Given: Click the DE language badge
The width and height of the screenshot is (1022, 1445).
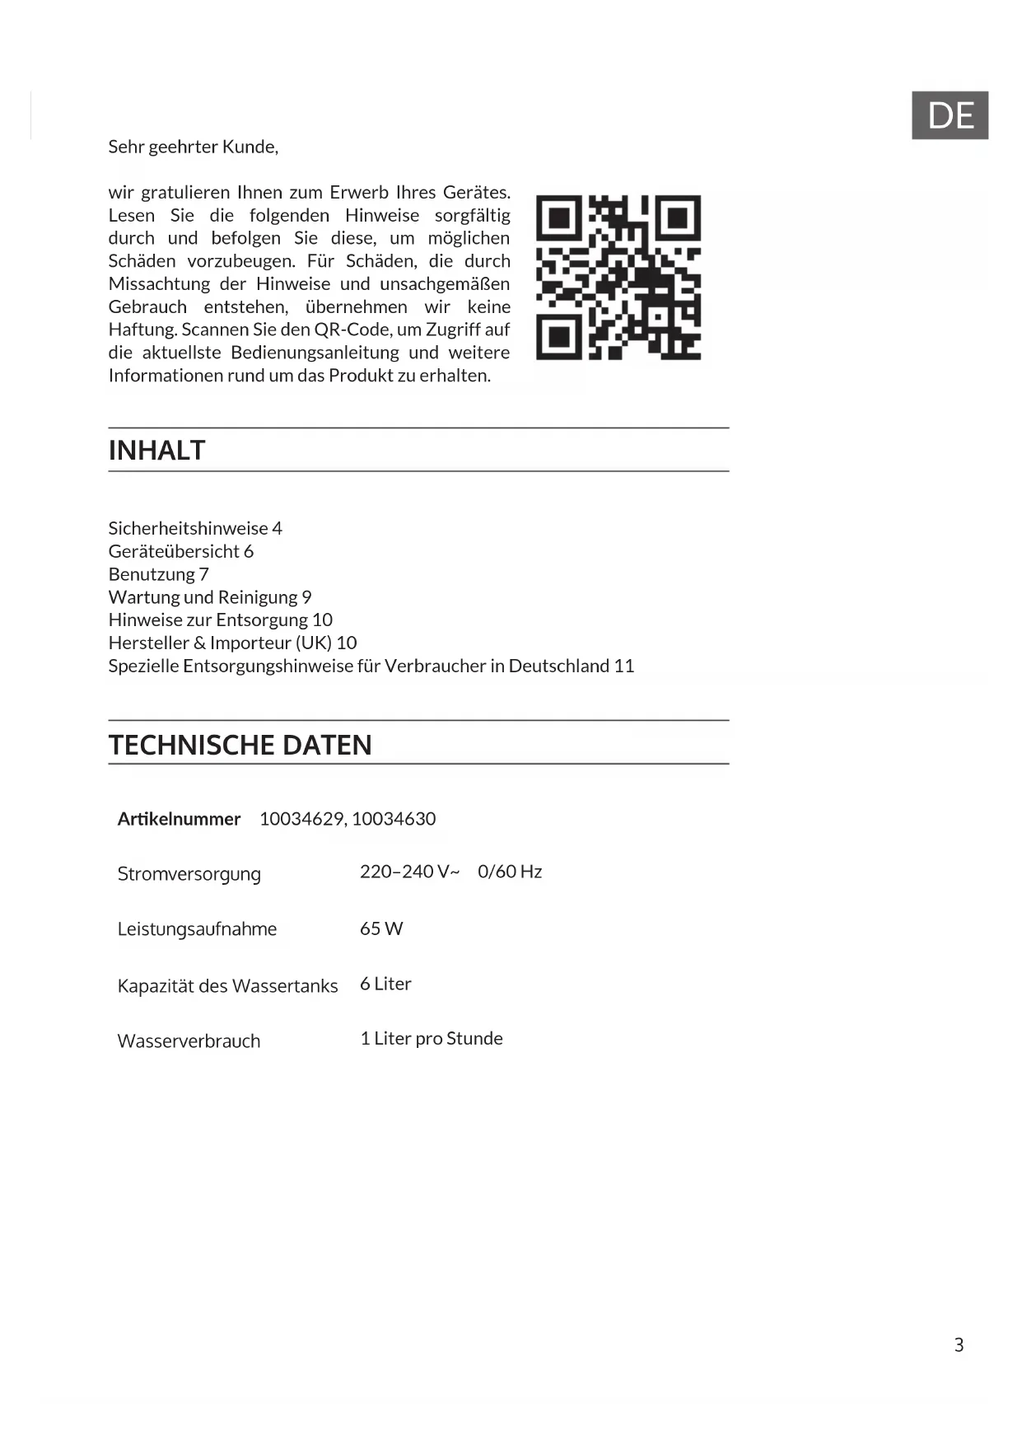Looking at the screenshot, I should [x=950, y=115].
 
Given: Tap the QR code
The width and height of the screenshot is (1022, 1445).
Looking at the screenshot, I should [x=618, y=278].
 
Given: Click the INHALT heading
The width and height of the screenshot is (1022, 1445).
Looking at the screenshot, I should [x=156, y=451].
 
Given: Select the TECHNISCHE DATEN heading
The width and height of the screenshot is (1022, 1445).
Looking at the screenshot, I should [x=240, y=745].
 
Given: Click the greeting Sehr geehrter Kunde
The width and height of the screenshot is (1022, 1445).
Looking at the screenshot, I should [x=194, y=147].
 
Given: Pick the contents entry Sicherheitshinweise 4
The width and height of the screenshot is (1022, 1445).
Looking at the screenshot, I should [x=195, y=528].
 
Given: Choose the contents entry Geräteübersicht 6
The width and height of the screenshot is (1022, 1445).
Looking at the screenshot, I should [x=181, y=551].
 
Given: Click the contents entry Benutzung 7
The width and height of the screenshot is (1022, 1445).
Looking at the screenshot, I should [x=159, y=574].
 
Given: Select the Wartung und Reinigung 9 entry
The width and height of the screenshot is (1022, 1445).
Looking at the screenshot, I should [x=210, y=597].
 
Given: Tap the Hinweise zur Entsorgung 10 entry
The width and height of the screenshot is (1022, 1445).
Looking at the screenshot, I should [x=221, y=620].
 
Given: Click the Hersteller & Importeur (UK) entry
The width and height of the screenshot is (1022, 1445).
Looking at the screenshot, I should [x=232, y=643].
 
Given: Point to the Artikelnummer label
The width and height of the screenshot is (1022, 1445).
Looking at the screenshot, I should [x=179, y=819].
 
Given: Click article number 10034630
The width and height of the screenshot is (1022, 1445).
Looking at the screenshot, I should [x=394, y=819].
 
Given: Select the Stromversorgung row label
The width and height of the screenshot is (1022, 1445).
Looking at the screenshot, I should [x=189, y=874].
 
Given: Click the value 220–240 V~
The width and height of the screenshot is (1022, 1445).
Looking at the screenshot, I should [x=409, y=872].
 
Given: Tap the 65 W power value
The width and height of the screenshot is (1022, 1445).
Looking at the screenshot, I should [x=381, y=928].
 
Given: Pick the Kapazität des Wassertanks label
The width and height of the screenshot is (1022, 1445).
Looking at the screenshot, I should [x=227, y=986].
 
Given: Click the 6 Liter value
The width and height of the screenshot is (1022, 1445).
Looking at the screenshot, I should [x=385, y=984].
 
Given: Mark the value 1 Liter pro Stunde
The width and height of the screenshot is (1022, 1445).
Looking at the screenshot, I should [x=432, y=1038].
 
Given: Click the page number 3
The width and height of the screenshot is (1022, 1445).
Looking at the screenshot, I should [x=959, y=1345].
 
